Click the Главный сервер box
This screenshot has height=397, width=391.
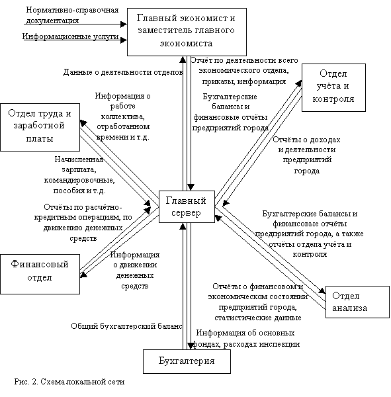(x=187, y=206)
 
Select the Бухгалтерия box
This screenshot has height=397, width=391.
(x=187, y=361)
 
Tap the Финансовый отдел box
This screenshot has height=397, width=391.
(x=40, y=274)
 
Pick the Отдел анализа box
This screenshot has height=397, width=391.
(x=357, y=302)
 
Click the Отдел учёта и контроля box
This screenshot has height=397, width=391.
(x=333, y=87)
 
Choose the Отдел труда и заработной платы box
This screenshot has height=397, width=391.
(x=40, y=127)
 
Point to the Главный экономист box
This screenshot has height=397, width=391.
(x=187, y=32)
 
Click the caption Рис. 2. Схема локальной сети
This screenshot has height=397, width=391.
(x=69, y=382)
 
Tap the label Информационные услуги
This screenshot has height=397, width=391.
(x=70, y=36)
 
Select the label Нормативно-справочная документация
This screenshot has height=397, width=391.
(x=72, y=15)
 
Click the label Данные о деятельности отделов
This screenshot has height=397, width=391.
(x=123, y=72)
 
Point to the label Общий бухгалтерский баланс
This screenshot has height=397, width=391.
(x=126, y=326)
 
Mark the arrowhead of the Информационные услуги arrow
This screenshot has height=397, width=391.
(x=124, y=40)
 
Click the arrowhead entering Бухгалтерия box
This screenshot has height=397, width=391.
(x=191, y=346)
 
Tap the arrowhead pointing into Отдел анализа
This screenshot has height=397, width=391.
(x=322, y=290)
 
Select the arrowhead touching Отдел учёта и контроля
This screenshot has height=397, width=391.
(x=298, y=83)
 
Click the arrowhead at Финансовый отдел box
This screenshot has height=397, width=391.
(x=83, y=275)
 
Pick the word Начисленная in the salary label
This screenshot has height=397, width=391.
(x=79, y=159)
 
